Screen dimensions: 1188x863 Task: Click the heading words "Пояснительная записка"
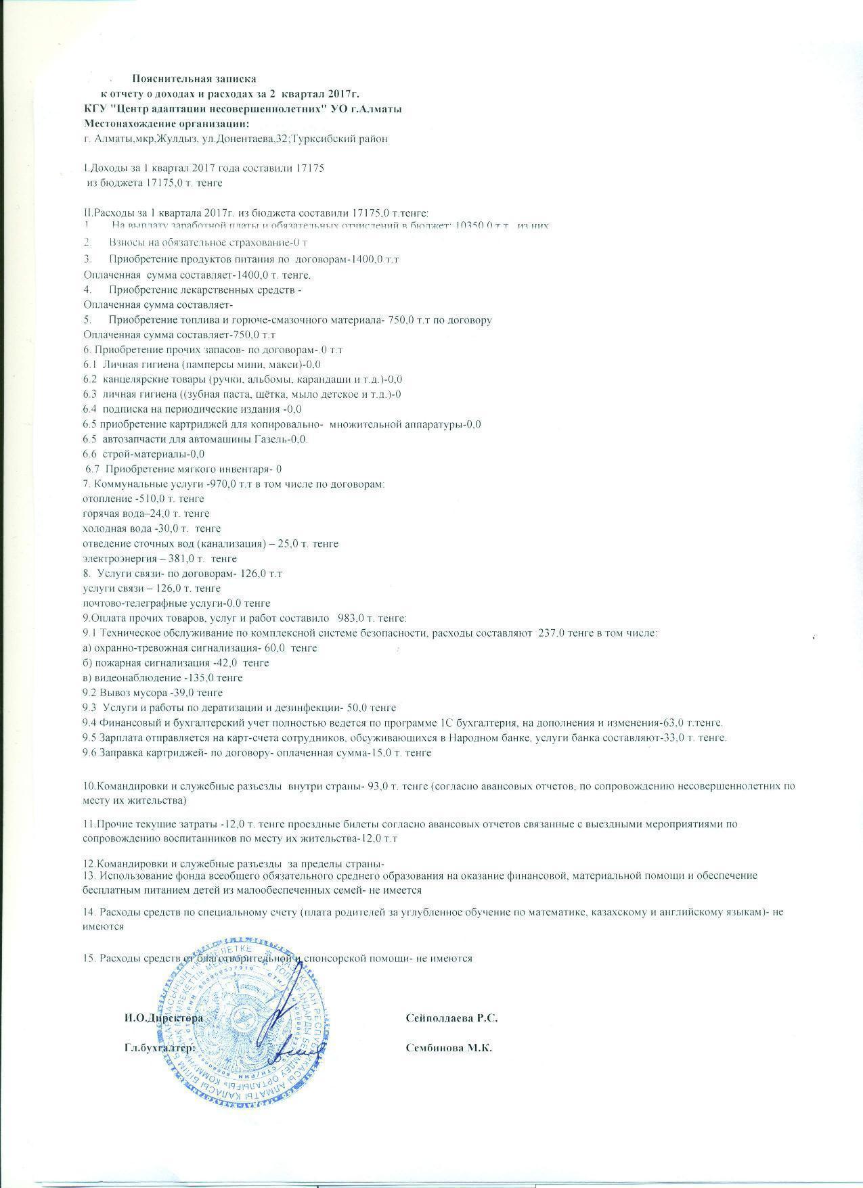click(194, 79)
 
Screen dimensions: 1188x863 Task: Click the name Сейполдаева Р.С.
click(451, 1018)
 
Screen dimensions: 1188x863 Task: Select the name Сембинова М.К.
click(448, 1048)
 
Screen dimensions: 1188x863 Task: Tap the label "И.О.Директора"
click(163, 1018)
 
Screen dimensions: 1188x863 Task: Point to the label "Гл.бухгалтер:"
click(160, 1048)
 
